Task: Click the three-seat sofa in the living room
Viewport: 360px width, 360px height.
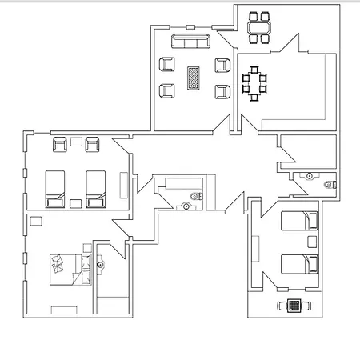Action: (191, 42)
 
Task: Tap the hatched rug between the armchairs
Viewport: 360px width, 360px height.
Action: (194, 78)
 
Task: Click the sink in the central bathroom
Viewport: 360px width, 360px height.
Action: (186, 206)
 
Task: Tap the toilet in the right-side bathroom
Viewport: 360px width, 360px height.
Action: (328, 185)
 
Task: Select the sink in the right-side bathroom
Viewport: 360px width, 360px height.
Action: (308, 174)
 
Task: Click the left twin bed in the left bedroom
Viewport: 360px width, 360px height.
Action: (55, 188)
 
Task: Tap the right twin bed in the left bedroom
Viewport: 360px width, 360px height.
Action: (96, 188)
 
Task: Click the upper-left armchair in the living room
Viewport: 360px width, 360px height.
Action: (167, 66)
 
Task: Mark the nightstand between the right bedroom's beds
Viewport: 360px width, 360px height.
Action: (311, 241)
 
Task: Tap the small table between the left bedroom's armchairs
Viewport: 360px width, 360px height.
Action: (76, 142)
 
